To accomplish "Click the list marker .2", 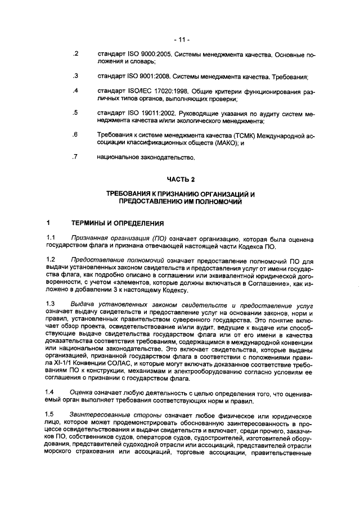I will tap(75, 55).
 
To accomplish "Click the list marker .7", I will tap(75, 157).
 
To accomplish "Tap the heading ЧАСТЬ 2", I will tap(181, 179).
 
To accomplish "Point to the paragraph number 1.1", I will tap(50, 239).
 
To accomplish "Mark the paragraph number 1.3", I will tap(50, 304).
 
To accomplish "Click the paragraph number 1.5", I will tap(50, 415).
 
